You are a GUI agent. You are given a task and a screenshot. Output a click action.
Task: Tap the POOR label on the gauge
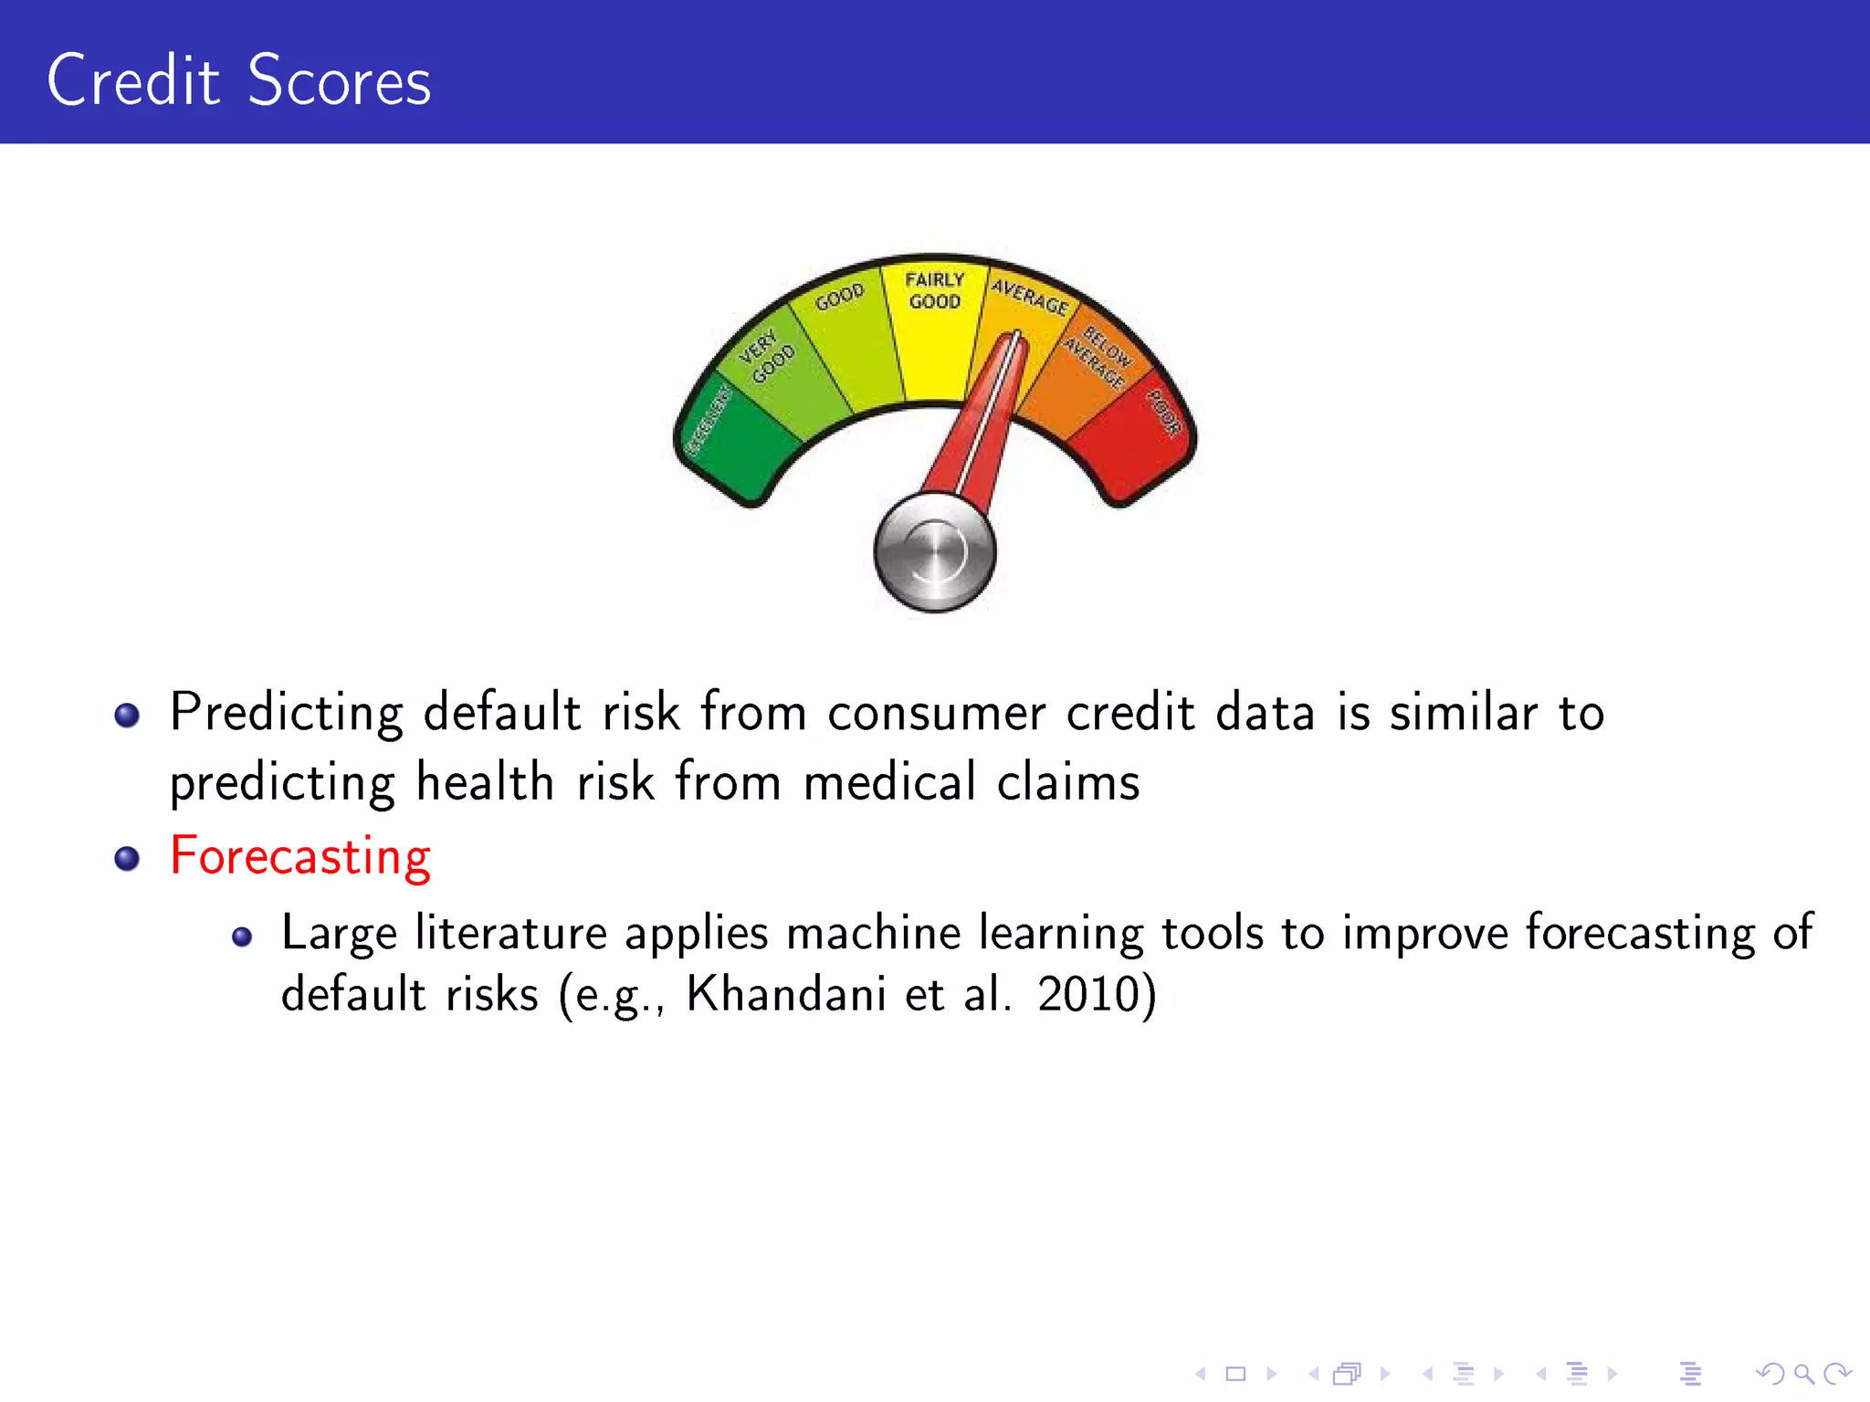coord(1164,413)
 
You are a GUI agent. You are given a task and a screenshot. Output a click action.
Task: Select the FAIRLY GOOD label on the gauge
coord(934,290)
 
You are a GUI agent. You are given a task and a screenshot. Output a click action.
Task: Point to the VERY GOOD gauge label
coord(765,357)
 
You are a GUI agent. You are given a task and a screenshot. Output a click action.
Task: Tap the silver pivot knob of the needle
coord(934,552)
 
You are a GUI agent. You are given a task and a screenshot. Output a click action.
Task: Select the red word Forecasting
coord(299,857)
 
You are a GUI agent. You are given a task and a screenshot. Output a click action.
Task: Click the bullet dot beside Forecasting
coord(127,859)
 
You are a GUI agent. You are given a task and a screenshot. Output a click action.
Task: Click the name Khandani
coord(785,994)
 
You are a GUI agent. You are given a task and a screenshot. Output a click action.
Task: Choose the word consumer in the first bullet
coord(935,713)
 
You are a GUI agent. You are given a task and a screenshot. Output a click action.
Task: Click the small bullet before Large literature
coord(242,936)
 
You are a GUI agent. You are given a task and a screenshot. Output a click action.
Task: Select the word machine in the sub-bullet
coord(873,934)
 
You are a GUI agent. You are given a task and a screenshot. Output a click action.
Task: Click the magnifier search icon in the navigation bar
coord(1803,1374)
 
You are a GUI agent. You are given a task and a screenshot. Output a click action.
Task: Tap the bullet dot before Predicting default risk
coord(127,715)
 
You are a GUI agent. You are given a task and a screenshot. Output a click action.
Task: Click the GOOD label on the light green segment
coord(839,297)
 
